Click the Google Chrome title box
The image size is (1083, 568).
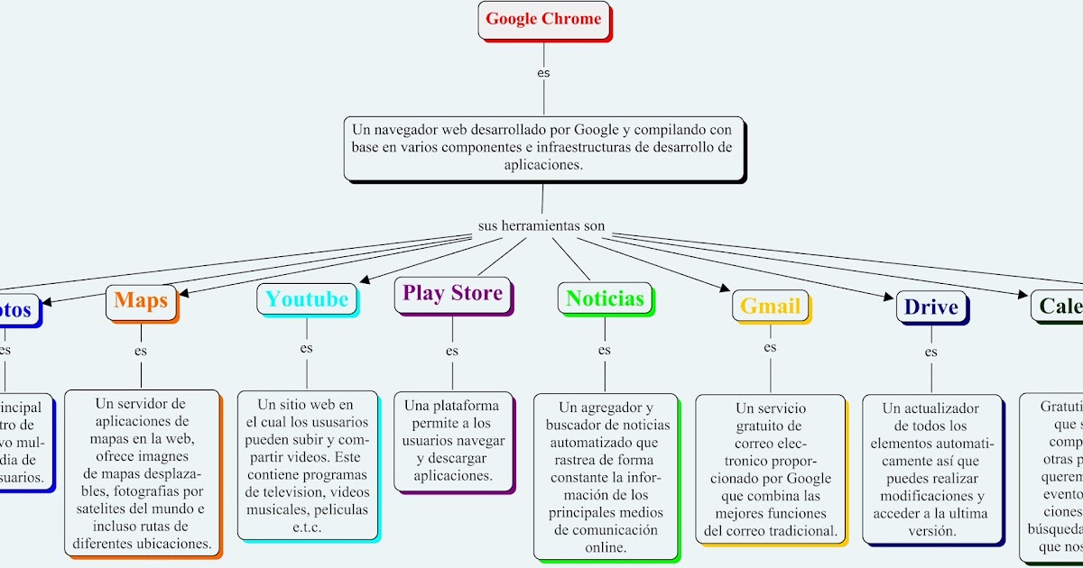pos(543,19)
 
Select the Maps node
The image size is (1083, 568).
pos(141,301)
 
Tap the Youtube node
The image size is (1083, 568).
pos(306,299)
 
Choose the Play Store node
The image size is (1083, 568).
pos(452,293)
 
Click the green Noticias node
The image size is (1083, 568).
pos(605,298)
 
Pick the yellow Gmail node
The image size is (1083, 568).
pos(770,306)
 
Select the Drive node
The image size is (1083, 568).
pos(930,307)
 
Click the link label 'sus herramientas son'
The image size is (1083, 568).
pos(541,225)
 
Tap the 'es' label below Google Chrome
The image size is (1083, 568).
pos(543,72)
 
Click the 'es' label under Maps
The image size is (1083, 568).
pos(141,351)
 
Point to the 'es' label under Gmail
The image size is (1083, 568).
pos(770,347)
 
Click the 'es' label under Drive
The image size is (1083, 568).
pos(930,352)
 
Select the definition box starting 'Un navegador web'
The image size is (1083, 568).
pos(543,148)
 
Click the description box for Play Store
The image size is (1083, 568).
pos(453,441)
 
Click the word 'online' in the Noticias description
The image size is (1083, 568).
pos(605,547)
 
